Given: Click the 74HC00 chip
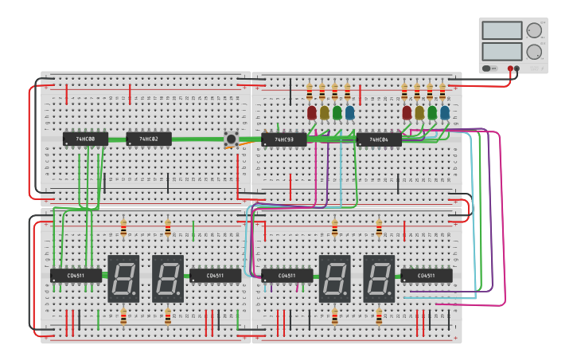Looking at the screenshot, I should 85,139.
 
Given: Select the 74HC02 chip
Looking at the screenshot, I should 149,139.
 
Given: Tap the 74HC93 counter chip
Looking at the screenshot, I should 284,140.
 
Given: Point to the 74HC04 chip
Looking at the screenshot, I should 379,140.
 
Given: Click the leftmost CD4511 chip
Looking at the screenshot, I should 76,276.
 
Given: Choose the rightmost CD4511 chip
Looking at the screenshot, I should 427,276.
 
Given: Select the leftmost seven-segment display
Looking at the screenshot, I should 123,278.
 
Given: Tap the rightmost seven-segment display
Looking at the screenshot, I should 379,278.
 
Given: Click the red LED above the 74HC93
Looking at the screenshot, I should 312,112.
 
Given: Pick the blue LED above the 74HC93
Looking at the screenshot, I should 350,112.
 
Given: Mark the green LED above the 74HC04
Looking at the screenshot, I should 432,112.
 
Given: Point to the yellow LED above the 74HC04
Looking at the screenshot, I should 419,112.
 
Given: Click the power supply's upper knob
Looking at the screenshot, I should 534,30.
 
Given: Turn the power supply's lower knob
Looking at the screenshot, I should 534,52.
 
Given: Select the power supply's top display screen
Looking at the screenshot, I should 501,30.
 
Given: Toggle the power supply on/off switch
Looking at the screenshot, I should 486,69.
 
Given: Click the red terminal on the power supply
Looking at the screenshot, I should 509,69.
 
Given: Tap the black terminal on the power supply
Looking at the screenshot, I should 517,69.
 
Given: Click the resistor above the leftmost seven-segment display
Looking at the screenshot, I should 123,229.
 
